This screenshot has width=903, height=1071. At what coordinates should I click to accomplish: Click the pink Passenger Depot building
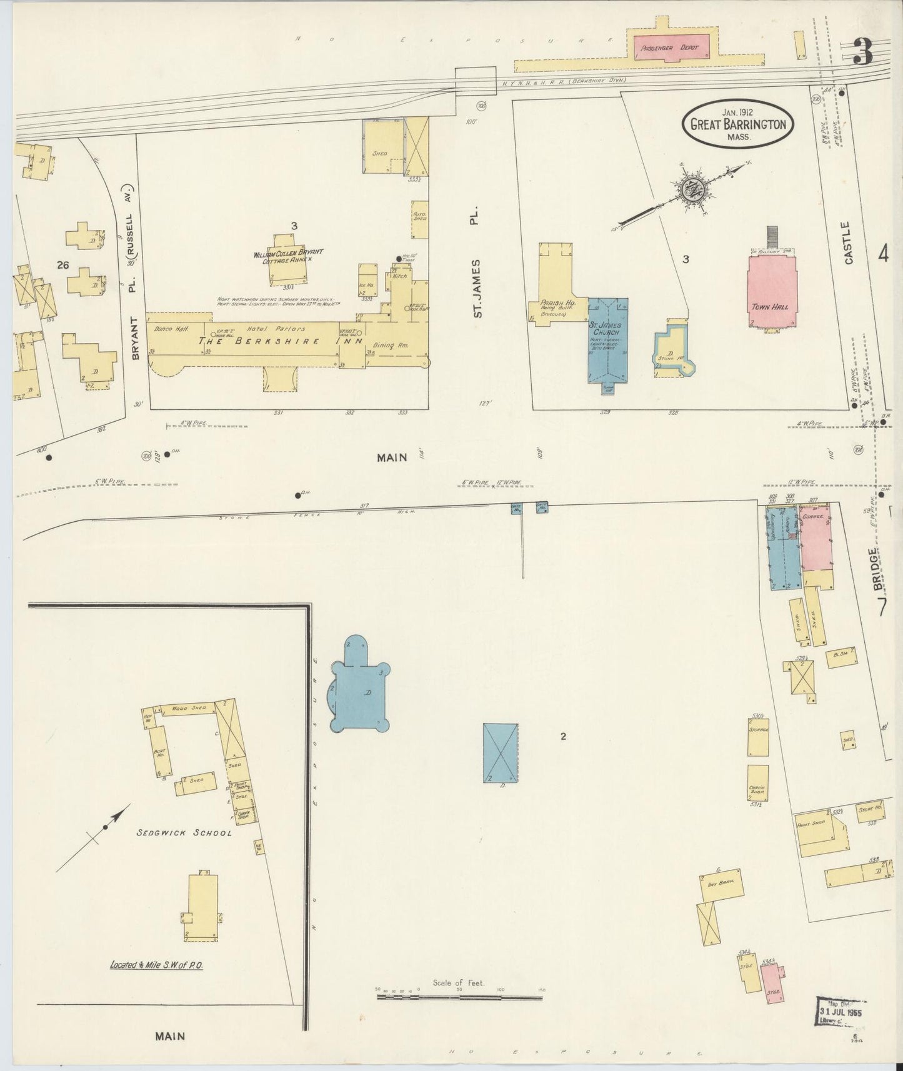(x=672, y=47)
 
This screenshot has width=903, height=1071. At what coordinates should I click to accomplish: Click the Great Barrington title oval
(x=737, y=124)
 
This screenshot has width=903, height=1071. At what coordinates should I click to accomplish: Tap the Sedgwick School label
(x=184, y=832)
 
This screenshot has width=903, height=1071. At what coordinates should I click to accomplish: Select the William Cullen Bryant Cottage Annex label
(x=288, y=256)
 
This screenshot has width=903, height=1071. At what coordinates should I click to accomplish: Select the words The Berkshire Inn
(x=281, y=341)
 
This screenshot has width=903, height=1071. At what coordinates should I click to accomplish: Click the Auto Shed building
(x=419, y=219)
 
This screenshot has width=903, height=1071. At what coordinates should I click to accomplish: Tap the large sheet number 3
(x=862, y=52)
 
